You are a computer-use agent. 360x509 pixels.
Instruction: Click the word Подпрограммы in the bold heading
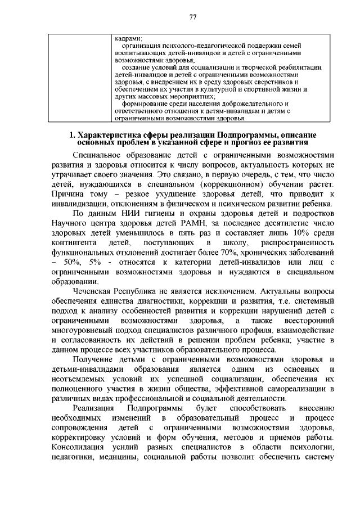[x=249, y=136]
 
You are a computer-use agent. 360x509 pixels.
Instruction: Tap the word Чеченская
[x=92, y=291]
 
